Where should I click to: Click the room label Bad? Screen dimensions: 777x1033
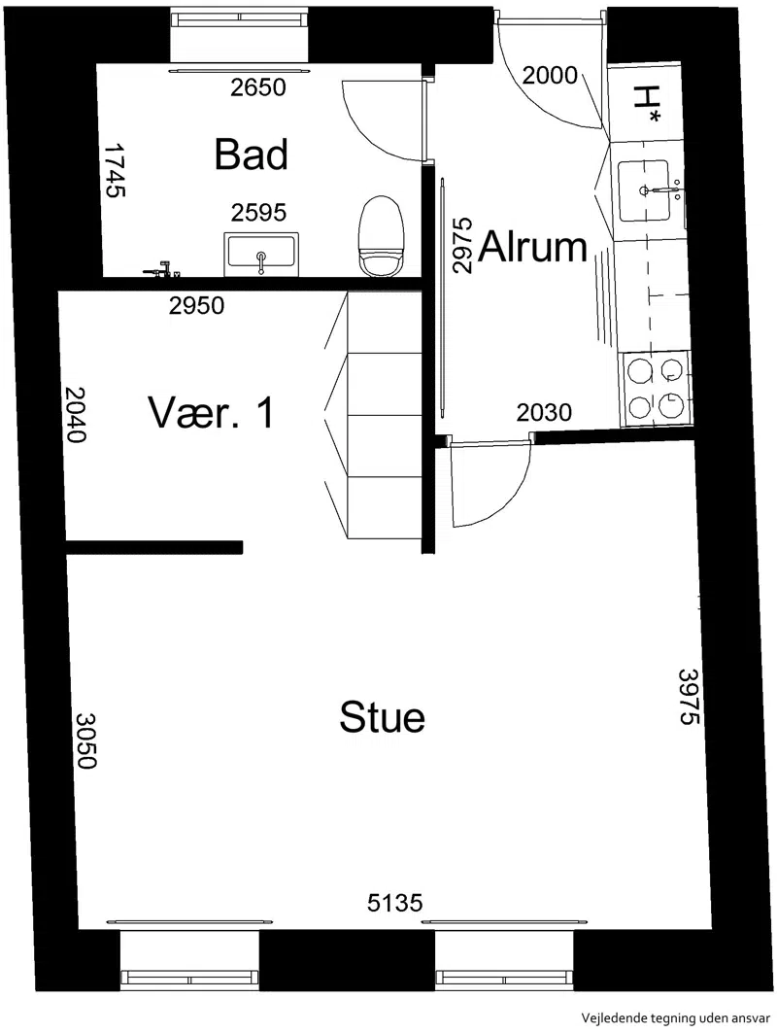click(251, 155)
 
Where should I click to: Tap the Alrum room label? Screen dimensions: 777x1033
click(532, 247)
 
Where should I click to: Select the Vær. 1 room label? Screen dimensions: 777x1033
click(211, 412)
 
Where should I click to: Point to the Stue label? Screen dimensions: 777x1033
click(382, 717)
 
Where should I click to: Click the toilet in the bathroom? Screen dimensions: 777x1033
click(381, 237)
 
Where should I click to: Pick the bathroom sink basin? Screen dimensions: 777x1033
click(261, 255)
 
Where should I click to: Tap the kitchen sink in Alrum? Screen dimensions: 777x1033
click(644, 190)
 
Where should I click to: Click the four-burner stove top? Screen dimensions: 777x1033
click(655, 388)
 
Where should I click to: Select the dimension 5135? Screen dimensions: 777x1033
click(394, 902)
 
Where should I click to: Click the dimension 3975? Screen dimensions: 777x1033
click(689, 697)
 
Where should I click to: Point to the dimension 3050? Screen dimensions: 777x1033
click(86, 740)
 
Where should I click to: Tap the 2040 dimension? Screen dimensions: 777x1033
click(75, 414)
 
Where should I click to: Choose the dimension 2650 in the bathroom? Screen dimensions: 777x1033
click(258, 86)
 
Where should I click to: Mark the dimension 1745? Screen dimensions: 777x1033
click(115, 171)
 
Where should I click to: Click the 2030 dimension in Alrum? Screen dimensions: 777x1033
click(544, 412)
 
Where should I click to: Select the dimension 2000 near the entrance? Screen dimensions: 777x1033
click(550, 76)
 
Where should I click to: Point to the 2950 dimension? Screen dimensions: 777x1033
click(196, 305)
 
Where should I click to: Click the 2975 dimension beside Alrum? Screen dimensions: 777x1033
click(463, 245)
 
